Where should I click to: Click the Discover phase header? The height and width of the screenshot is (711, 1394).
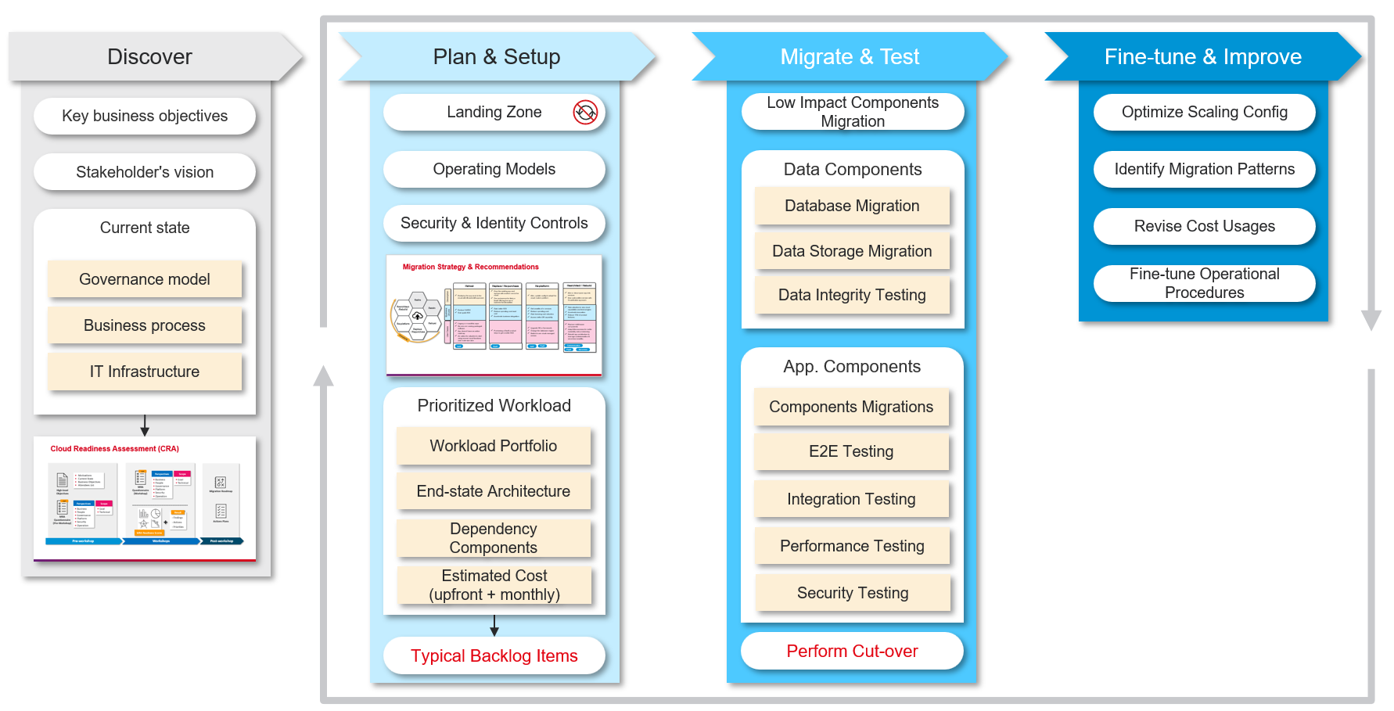tap(149, 56)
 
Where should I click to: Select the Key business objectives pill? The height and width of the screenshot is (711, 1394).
tap(145, 116)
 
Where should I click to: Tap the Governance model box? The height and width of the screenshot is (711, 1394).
tap(145, 279)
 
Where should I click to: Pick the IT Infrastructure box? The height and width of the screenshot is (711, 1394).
tap(145, 372)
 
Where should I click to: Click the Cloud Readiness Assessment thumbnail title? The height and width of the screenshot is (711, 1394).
tap(115, 449)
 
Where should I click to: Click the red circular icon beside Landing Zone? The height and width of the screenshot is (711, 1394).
tap(585, 112)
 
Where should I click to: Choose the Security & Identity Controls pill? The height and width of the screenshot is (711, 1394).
tap(494, 223)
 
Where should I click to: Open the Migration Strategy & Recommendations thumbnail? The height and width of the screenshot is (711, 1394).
tap(494, 314)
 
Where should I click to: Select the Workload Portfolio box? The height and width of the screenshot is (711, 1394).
tap(494, 446)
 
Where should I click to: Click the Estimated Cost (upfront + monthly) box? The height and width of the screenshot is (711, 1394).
tap(494, 585)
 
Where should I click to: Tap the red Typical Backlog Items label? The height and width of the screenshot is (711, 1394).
tap(494, 655)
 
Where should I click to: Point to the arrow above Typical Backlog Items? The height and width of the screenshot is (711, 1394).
tap(494, 626)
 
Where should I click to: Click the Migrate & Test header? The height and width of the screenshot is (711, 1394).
tap(850, 56)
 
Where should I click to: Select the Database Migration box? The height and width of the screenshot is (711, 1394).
tap(852, 206)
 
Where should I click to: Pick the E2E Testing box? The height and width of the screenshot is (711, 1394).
tap(851, 451)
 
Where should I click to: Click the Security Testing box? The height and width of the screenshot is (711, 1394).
tap(852, 593)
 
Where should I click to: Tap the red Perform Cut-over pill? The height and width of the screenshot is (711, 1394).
tap(852, 651)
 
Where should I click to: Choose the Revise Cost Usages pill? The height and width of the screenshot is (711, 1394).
tap(1204, 226)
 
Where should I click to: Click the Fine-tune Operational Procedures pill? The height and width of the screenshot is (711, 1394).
tap(1204, 283)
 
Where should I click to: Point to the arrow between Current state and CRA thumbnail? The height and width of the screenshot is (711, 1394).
tap(145, 426)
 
